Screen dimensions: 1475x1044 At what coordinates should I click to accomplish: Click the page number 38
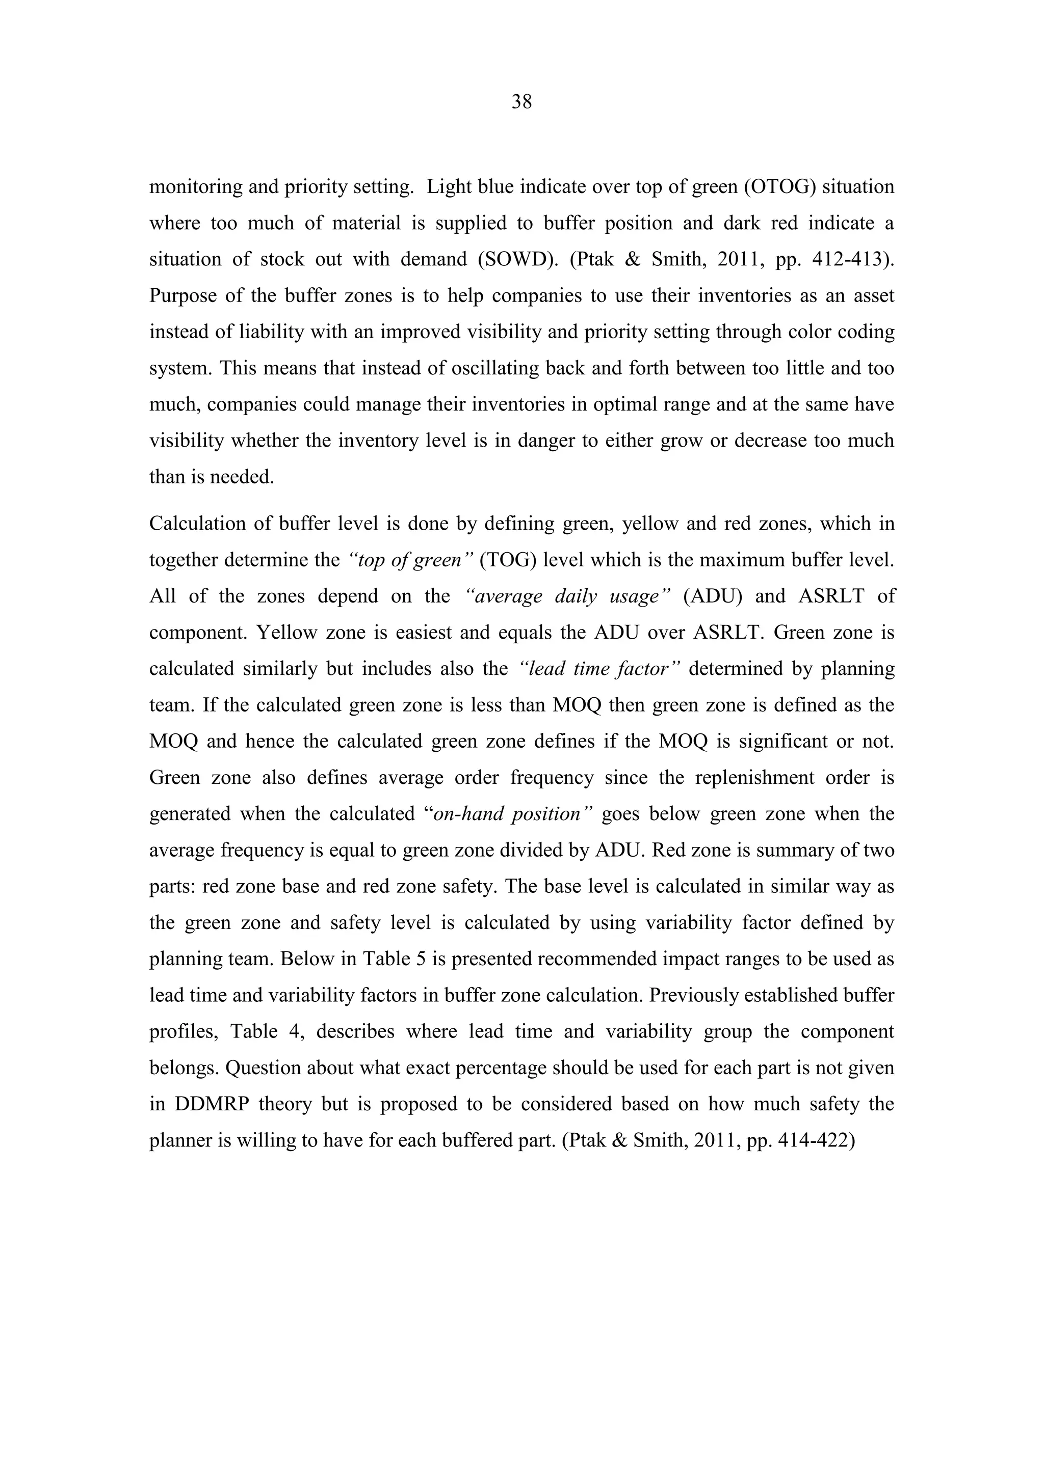pos(521,101)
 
